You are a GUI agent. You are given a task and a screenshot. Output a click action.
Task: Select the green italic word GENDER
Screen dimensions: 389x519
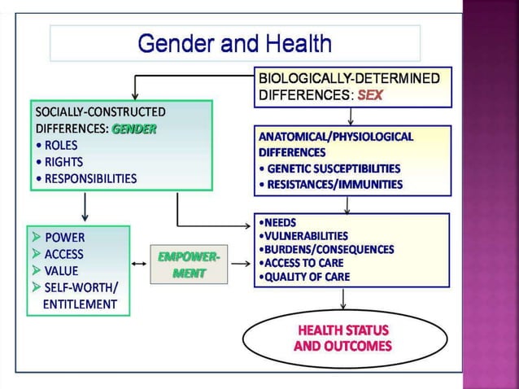134,129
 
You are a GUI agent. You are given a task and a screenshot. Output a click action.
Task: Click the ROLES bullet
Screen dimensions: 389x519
59,145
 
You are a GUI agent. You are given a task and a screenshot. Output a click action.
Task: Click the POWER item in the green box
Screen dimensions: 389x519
63,238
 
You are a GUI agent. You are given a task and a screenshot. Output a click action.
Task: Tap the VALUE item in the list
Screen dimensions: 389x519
61,271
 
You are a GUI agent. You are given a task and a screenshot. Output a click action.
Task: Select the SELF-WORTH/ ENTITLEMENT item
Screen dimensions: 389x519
79,296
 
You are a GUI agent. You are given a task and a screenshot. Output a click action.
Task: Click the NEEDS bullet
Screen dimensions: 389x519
277,221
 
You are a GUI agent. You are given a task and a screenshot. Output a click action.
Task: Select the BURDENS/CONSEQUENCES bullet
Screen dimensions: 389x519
325,249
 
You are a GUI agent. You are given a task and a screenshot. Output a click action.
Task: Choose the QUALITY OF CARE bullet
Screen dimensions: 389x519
304,277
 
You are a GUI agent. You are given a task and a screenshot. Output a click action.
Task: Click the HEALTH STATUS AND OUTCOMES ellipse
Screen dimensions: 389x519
342,339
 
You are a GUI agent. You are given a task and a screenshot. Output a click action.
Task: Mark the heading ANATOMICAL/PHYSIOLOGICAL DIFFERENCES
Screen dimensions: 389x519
335,144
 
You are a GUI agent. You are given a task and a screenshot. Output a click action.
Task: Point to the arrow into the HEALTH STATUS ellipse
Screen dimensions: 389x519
343,299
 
